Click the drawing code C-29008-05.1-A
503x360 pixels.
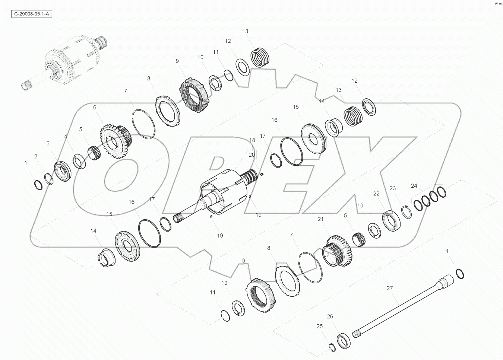coord(31,14)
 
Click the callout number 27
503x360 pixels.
coord(389,288)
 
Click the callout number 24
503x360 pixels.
coord(414,186)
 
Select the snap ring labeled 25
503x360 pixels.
coord(332,347)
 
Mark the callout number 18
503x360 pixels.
coord(252,140)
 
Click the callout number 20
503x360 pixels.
coord(251,154)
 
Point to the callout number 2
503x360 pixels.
coord(36,156)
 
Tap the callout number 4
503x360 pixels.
coord(66,137)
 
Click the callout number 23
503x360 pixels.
coord(393,188)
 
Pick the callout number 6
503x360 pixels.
coord(95,107)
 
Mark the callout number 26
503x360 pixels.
coord(330,316)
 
